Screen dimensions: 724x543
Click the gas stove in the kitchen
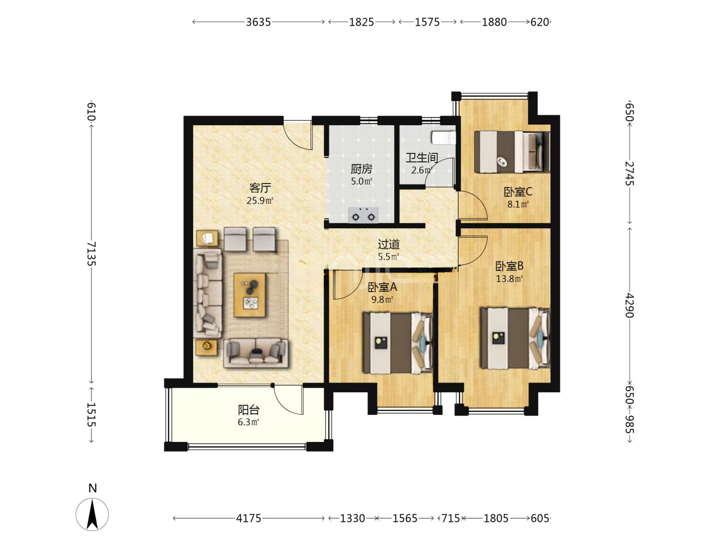point(363,215)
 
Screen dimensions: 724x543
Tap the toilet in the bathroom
point(443,138)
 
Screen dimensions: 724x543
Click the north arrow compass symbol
point(93,514)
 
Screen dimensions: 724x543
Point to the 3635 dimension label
point(258,22)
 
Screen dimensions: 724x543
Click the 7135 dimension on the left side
point(92,254)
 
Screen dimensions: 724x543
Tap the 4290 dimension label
point(629,305)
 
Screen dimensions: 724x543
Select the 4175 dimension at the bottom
point(248,518)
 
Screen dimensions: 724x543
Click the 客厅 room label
point(260,188)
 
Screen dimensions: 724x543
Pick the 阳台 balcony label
point(249,410)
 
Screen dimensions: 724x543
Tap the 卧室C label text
point(518,192)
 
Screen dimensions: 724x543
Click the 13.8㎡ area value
point(510,279)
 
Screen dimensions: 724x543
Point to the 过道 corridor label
point(389,244)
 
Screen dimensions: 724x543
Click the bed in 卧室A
point(398,343)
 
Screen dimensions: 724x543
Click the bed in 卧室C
point(512,152)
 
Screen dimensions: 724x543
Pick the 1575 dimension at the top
point(427,22)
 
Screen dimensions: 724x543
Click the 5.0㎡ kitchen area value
point(361,181)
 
